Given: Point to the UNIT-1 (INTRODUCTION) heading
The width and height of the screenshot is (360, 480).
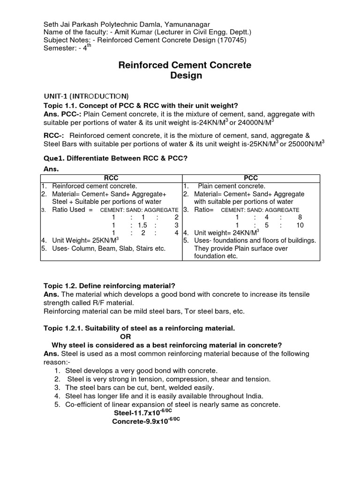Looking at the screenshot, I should pos(86,96).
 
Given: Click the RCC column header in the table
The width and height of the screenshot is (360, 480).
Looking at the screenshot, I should pos(111,178).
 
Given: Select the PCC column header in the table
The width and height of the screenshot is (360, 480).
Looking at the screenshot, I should pos(251,178).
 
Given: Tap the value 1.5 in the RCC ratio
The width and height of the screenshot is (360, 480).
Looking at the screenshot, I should pos(142,225).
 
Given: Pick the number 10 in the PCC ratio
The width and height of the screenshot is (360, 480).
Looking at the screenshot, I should pos(300,225).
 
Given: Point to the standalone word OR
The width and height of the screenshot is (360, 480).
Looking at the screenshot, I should pos(126,337).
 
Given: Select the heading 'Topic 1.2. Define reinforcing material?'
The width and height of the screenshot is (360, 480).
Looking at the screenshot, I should pos(109,285).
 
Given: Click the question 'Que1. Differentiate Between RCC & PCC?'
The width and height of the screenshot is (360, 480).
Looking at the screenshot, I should pos(115,158).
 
